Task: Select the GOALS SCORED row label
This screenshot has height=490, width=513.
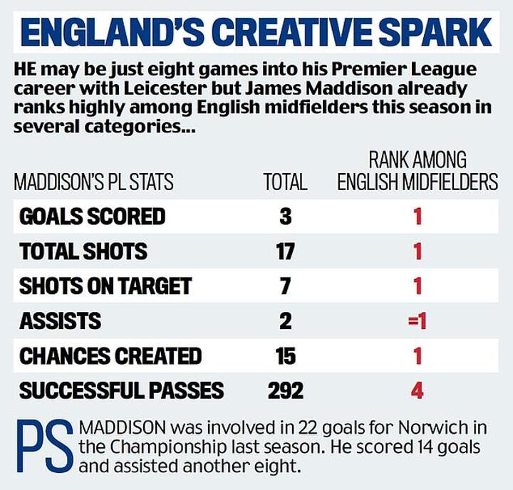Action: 93,216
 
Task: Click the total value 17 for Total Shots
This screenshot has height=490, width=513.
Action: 285,251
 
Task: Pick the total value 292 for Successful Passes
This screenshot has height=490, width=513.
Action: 285,390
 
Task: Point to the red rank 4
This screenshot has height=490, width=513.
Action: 418,390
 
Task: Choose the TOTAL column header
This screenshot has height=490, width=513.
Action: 285,182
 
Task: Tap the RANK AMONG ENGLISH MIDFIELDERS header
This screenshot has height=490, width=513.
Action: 418,171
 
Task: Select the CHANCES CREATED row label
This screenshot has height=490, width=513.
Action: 110,355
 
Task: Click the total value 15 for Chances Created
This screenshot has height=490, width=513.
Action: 285,355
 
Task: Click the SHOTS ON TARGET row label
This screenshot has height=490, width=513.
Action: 105,286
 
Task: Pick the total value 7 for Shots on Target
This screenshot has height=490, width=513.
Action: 285,286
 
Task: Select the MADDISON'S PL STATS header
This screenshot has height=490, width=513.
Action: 93,182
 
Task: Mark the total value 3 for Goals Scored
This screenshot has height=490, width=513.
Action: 285,216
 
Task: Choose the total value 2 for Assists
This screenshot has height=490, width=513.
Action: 285,320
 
